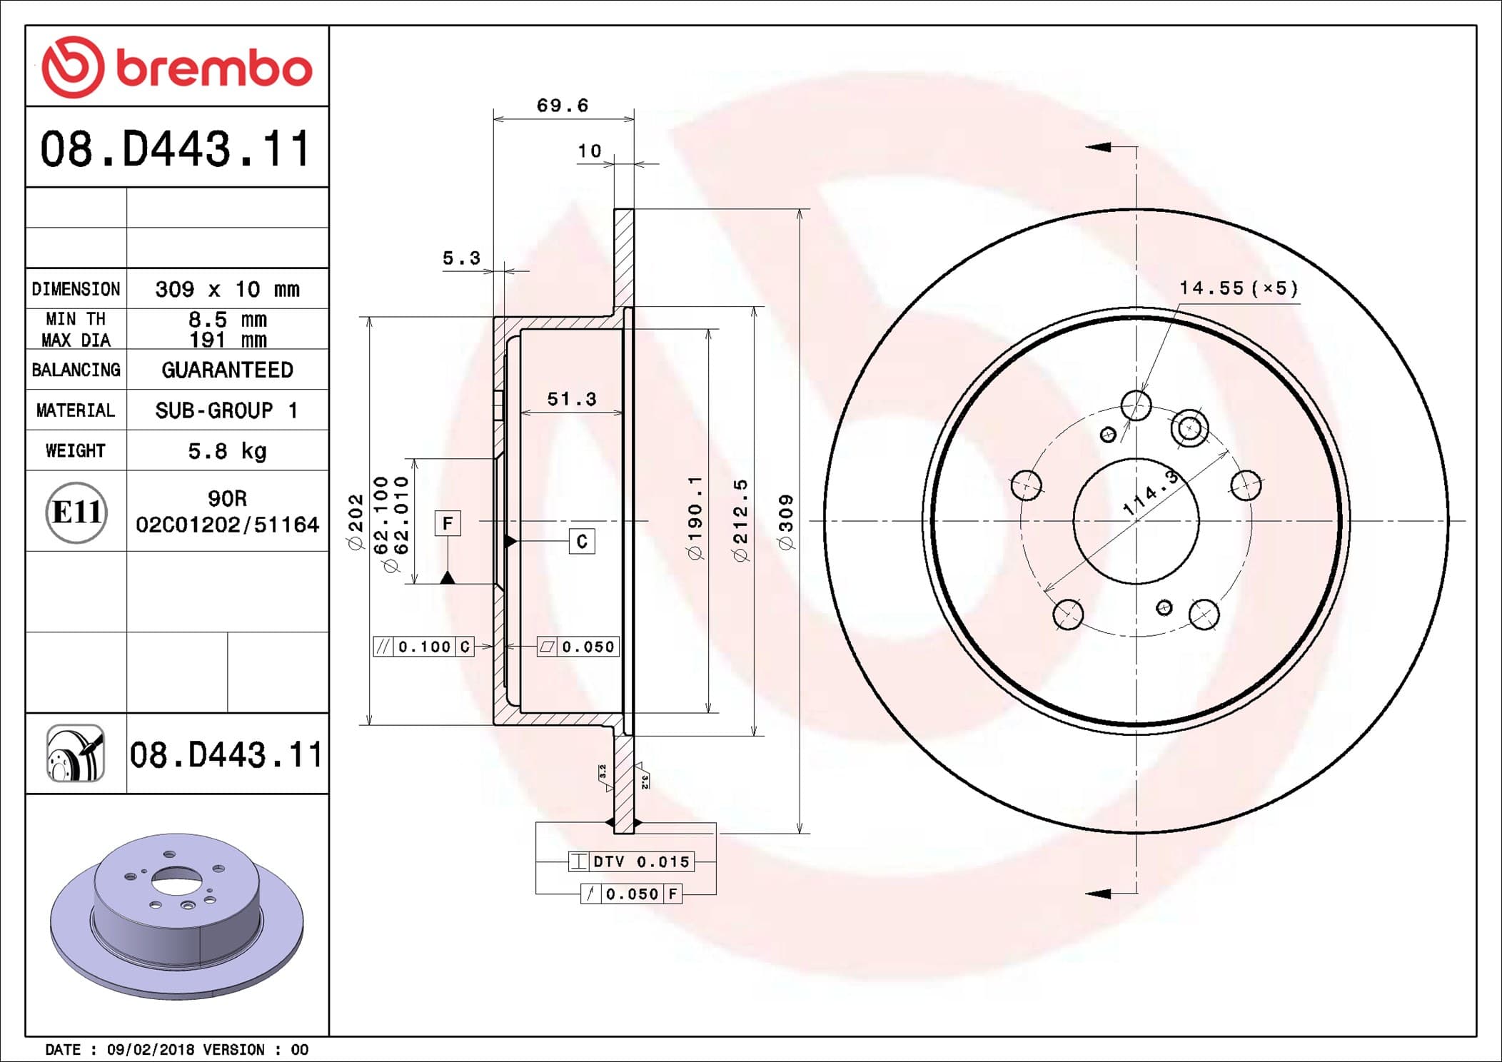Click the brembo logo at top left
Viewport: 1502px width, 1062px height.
(x=177, y=67)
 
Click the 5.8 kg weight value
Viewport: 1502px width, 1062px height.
(x=227, y=451)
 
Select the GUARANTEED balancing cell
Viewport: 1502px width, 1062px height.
(x=227, y=370)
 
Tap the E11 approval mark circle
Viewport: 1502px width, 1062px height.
(x=76, y=512)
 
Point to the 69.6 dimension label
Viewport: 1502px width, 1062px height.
(x=563, y=106)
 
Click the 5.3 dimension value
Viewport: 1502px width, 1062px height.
(x=462, y=258)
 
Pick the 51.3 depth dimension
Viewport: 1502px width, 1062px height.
(x=572, y=399)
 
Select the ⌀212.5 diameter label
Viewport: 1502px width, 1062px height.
(x=741, y=520)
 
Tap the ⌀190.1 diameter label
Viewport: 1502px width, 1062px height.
(x=695, y=518)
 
